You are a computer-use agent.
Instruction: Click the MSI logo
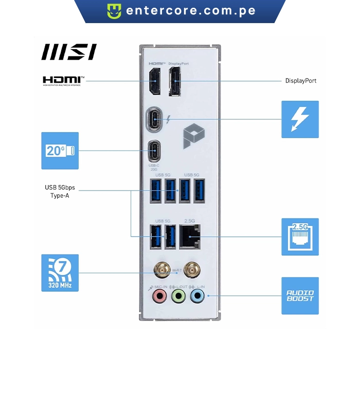click(x=68, y=51)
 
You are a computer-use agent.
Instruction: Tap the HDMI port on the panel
click(x=154, y=82)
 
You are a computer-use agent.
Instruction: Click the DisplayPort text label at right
click(x=301, y=81)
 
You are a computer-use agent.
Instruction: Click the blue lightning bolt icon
click(x=300, y=119)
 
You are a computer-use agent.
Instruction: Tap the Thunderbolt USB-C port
click(x=154, y=119)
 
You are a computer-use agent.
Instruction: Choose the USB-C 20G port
click(x=154, y=151)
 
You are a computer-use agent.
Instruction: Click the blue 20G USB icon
click(x=60, y=151)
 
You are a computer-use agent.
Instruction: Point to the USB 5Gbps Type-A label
click(x=60, y=191)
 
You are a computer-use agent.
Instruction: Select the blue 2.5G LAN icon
click(x=300, y=237)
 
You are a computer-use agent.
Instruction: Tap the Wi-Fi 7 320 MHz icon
click(x=60, y=272)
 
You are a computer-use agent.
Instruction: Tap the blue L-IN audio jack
click(x=197, y=295)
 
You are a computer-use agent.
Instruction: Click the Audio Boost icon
click(x=300, y=295)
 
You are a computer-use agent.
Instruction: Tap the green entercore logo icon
click(x=114, y=11)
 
